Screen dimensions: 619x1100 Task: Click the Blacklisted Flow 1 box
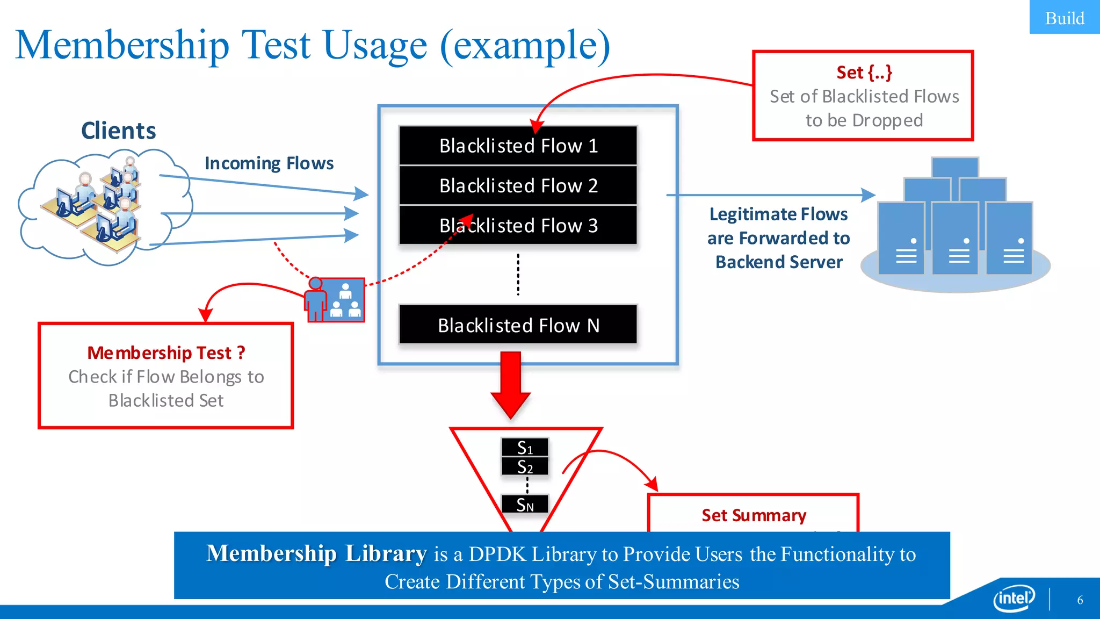coord(518,146)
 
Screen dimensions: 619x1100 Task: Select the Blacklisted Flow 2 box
coord(518,185)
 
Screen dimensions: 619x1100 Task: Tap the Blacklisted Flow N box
coord(518,325)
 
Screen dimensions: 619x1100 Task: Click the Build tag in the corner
coord(1064,18)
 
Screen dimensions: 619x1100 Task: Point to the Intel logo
coord(1014,598)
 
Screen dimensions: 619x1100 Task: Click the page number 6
coord(1080,600)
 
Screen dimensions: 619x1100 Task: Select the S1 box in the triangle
coord(525,447)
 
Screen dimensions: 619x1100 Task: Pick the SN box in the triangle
coord(525,505)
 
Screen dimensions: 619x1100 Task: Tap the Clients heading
coord(118,131)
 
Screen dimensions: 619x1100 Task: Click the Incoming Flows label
coord(269,163)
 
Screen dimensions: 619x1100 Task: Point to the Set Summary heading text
coord(754,515)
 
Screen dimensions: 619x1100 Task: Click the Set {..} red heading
coord(864,72)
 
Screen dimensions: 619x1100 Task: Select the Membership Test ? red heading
coord(166,352)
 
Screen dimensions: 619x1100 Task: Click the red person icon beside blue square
coord(316,300)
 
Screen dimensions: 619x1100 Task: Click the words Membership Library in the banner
coord(316,553)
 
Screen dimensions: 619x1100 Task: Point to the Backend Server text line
coord(779,262)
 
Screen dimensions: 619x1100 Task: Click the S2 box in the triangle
coord(525,466)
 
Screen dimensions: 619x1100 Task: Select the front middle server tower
coord(955,238)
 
